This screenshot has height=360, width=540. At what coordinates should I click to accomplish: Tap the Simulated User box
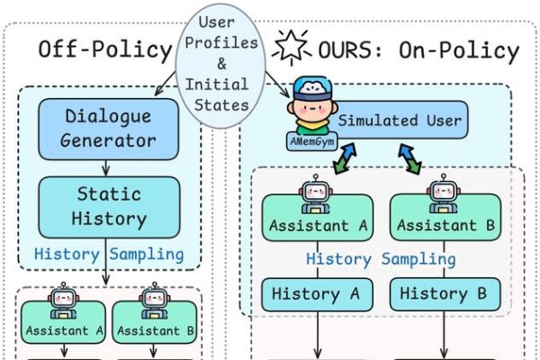click(x=400, y=121)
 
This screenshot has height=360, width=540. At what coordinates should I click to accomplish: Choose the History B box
click(x=443, y=293)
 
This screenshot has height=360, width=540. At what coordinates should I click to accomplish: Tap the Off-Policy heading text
click(x=104, y=49)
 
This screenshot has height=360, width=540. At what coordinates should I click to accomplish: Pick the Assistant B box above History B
click(x=443, y=224)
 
